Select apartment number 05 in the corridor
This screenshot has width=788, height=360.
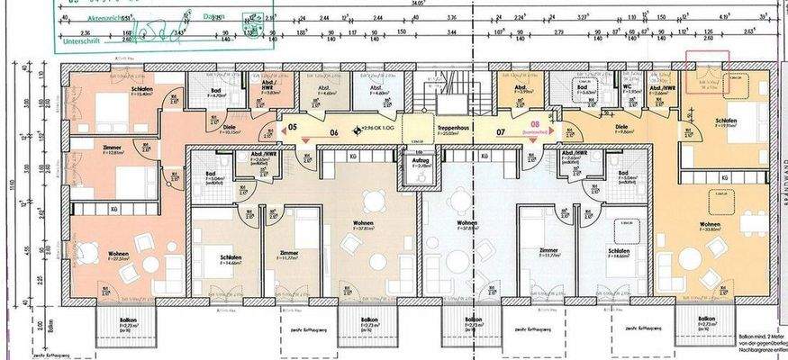[x=292, y=128]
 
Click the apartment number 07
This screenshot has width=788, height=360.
[x=500, y=131]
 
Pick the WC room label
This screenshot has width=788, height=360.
[x=627, y=87]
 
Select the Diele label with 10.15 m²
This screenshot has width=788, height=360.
[x=229, y=129]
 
